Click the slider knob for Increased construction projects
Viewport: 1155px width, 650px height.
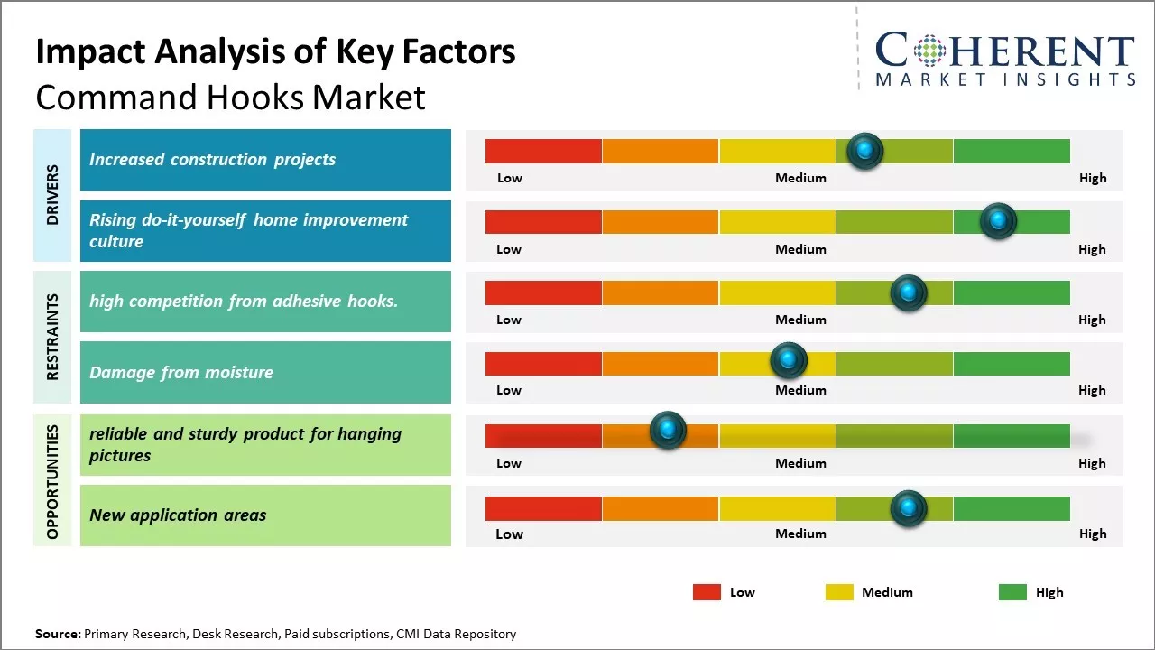[864, 151]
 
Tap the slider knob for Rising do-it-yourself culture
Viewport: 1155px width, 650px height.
[998, 221]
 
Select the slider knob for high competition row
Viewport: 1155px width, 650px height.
[908, 292]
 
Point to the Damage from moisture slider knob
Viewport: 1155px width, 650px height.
[788, 361]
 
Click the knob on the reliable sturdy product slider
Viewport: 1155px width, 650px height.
[668, 431]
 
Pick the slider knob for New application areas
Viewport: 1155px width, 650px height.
[908, 508]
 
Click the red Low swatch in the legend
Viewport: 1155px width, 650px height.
[707, 592]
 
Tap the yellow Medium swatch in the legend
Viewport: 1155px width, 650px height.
[839, 592]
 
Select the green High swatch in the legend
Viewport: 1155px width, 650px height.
[1012, 592]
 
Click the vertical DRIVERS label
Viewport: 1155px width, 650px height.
[52, 195]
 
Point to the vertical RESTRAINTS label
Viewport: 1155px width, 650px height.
[52, 337]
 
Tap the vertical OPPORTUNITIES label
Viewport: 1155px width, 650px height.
[52, 481]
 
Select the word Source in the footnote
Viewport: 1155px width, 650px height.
[57, 634]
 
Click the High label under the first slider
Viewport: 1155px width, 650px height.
[1093, 178]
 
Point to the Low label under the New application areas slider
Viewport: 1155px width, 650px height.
[509, 534]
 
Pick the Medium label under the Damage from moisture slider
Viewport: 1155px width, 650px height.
[800, 390]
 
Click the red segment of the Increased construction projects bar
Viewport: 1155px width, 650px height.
[543, 151]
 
